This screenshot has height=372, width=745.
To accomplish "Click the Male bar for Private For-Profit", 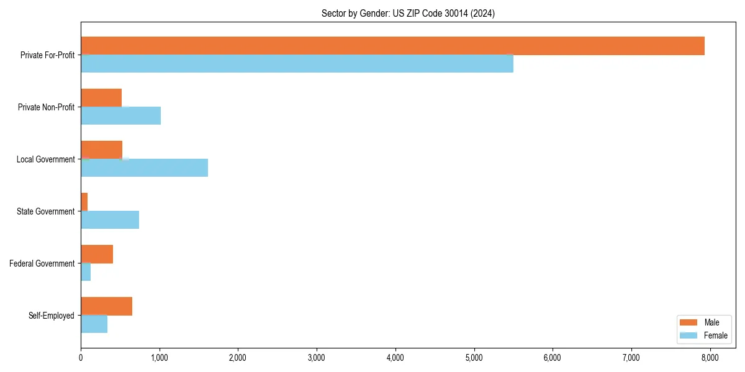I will click(392, 46).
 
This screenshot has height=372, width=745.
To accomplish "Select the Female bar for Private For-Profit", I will click(297, 63).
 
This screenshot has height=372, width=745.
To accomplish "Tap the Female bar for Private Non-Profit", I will click(120, 115).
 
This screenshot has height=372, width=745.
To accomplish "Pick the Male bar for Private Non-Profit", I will click(101, 98).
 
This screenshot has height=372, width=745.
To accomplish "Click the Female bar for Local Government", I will click(144, 167).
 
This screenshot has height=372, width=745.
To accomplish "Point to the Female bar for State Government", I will click(110, 219).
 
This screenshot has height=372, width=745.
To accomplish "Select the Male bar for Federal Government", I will click(97, 254).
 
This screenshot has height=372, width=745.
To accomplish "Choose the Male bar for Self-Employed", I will click(106, 306).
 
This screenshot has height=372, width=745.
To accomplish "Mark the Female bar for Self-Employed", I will click(94, 324).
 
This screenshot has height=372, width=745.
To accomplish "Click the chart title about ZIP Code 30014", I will click(408, 13).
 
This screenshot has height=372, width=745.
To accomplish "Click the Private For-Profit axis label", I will click(47, 55).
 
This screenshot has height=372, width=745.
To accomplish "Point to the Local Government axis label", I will click(45, 159).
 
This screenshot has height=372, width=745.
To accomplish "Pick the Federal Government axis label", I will click(42, 263).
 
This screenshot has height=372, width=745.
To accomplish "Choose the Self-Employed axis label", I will click(51, 316).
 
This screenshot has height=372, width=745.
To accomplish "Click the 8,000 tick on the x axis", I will click(710, 357).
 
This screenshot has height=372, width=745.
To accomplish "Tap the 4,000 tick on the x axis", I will click(395, 357).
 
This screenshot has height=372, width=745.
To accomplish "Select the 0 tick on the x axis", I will click(81, 357).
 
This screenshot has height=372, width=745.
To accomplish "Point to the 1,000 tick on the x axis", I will click(160, 357).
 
